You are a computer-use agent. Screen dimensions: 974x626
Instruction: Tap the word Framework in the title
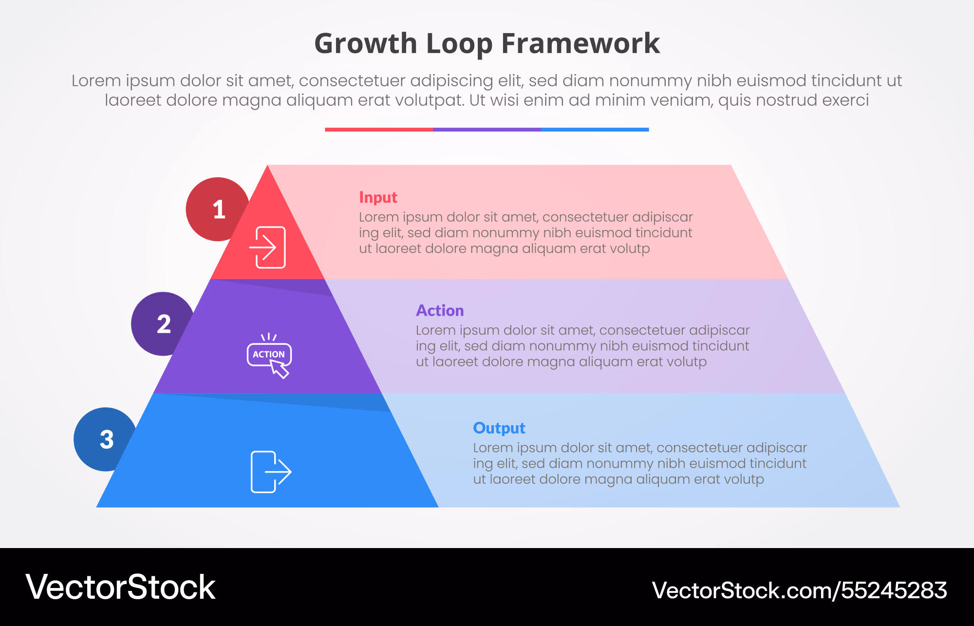(x=581, y=43)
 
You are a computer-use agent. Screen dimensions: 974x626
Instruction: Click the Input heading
(x=378, y=198)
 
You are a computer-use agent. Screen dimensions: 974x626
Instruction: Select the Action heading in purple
(x=440, y=310)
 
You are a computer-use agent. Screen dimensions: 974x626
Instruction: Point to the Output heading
(x=499, y=428)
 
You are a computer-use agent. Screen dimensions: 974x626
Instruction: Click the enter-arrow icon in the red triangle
(x=267, y=247)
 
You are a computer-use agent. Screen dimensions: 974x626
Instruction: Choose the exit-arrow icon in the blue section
(x=271, y=472)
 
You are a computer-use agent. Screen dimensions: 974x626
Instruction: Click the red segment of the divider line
(x=379, y=130)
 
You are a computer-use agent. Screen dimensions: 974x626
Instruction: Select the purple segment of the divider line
(x=487, y=130)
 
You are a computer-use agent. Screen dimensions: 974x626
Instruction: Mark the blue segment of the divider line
(x=595, y=130)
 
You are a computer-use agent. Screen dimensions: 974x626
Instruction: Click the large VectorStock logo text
(x=120, y=587)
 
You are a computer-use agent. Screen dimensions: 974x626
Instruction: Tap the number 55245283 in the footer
(x=894, y=590)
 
